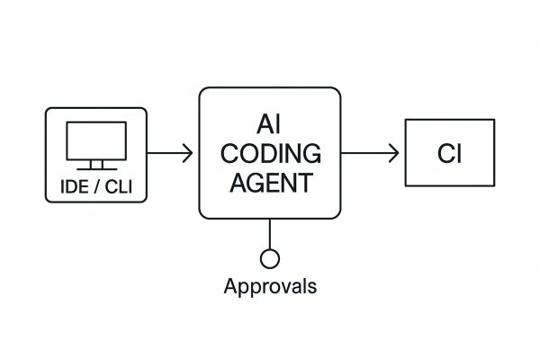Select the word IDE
[x=70, y=189]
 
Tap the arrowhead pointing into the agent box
[x=188, y=153]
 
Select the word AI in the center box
[x=270, y=124]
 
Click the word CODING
[x=270, y=154]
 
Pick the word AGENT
[x=270, y=184]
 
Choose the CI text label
[x=450, y=154]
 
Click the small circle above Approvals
[x=269, y=259]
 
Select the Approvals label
[x=269, y=287]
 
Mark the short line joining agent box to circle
[x=269, y=234]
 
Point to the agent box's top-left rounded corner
[x=203, y=93]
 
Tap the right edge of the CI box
[x=494, y=153]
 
